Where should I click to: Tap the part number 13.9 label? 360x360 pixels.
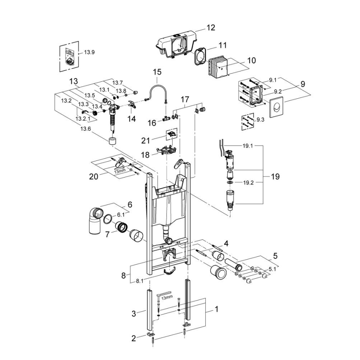(90, 52)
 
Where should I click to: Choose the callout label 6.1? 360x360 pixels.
(121, 215)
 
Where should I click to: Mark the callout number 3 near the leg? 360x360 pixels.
(134, 314)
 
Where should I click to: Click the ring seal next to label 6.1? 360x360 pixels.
(107, 218)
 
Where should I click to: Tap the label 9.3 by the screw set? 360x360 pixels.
(260, 120)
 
